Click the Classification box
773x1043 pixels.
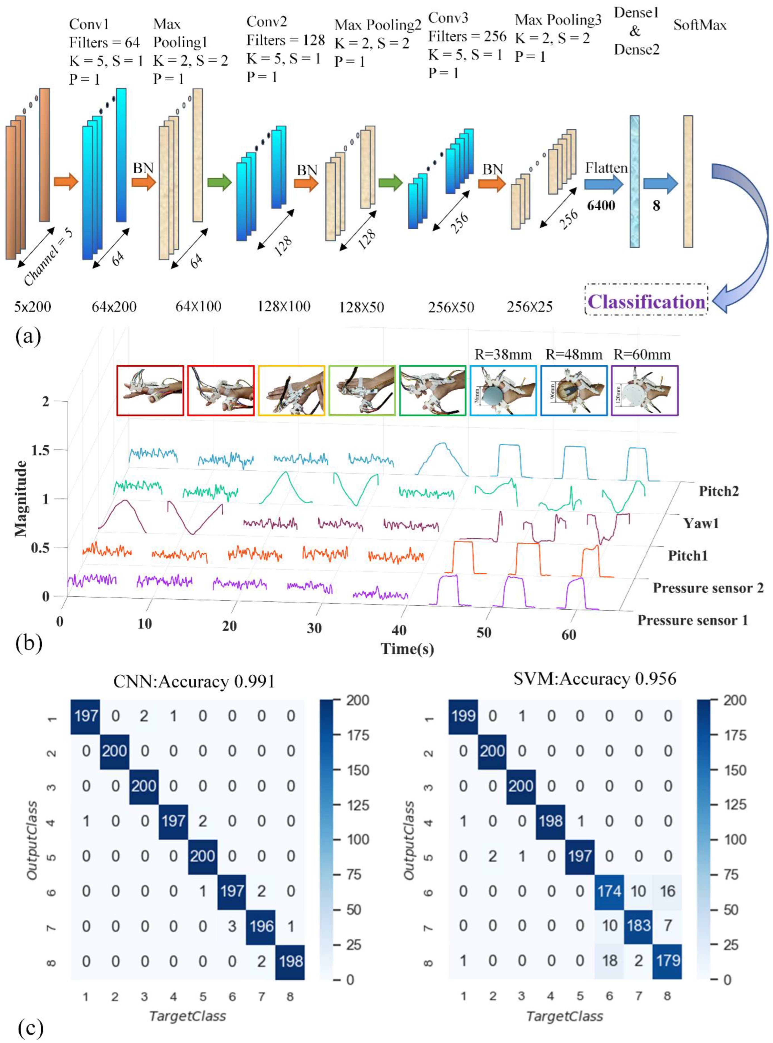click(646, 302)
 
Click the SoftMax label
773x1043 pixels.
click(700, 25)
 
